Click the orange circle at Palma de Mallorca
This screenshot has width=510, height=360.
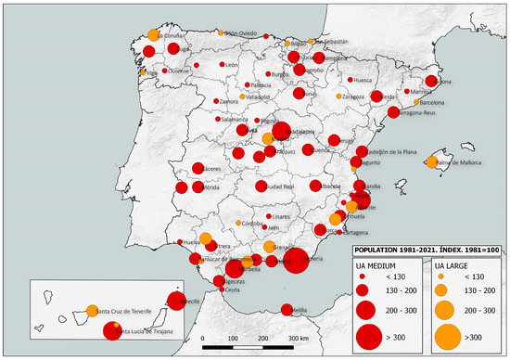pyautogui.click(x=430, y=163)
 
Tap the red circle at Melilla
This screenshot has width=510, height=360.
pyautogui.click(x=287, y=310)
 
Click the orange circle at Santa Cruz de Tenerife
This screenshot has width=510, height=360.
pyautogui.click(x=92, y=311)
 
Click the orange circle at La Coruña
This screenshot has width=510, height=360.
pyautogui.click(x=151, y=35)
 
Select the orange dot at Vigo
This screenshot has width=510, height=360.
pyautogui.click(x=142, y=71)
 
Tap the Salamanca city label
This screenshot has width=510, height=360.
pyautogui.click(x=234, y=119)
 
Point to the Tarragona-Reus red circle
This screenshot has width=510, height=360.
pyautogui.click(x=394, y=112)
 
